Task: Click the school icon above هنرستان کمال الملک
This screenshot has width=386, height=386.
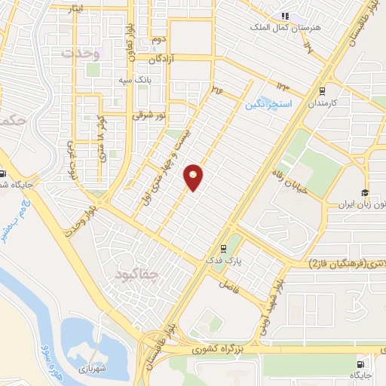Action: (x=285, y=16)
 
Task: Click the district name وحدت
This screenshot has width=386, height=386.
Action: (x=80, y=54)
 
